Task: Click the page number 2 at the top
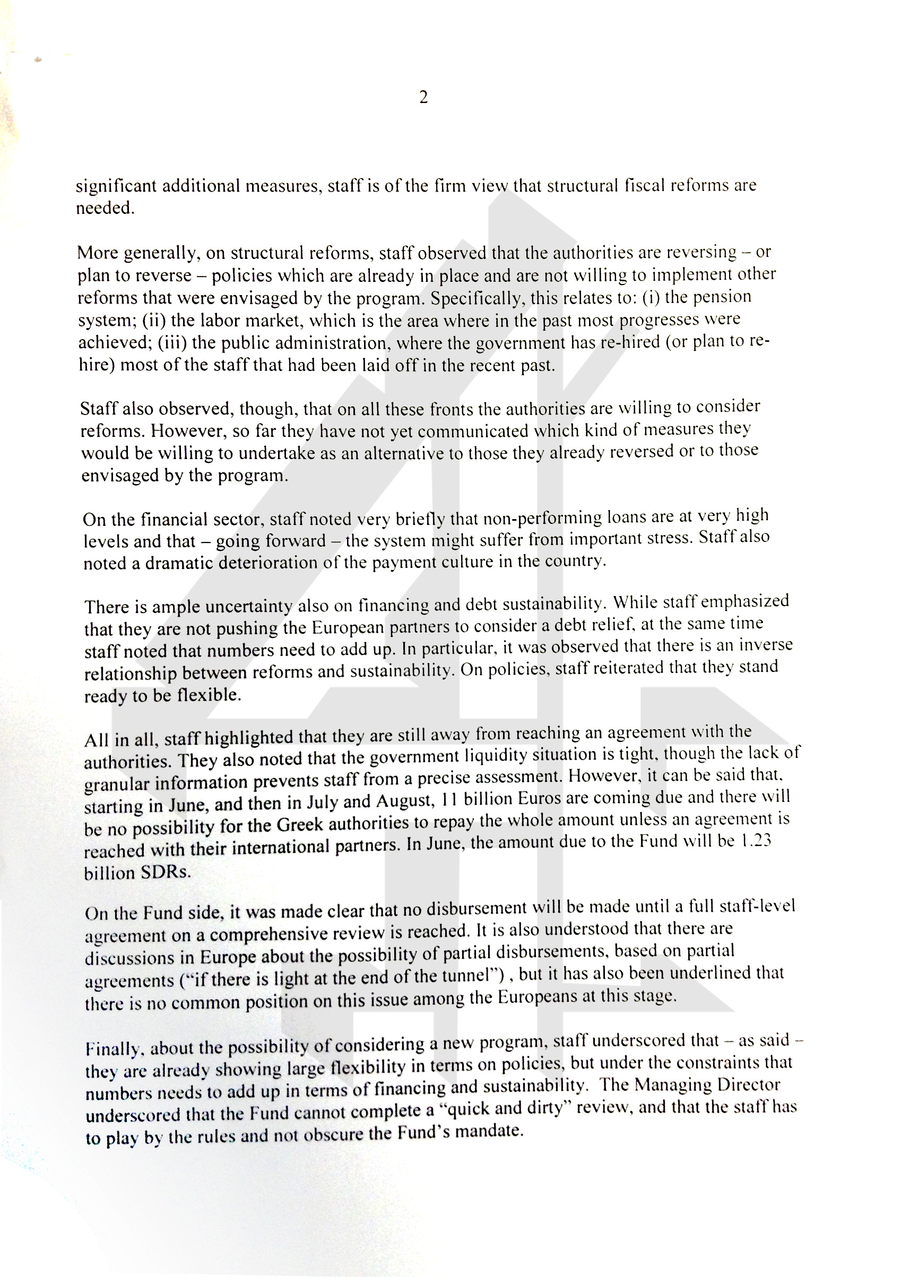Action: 423,98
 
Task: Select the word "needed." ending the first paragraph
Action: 105,208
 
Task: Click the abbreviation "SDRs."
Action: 165,872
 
